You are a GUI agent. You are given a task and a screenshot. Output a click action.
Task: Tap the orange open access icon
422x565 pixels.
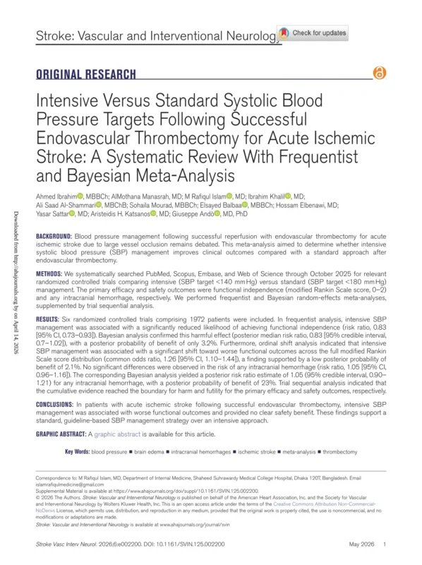tap(381, 72)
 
